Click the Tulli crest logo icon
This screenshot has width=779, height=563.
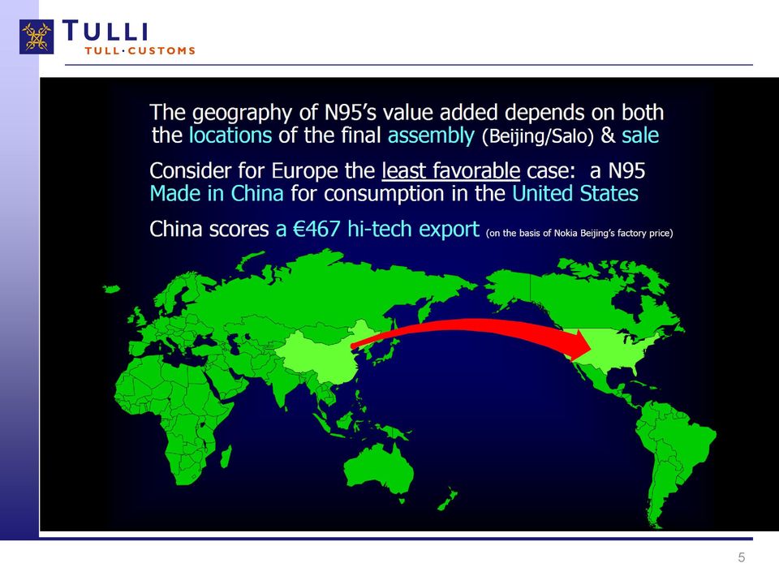coord(37,37)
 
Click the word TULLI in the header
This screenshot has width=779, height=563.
coord(105,31)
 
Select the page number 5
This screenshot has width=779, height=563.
coord(741,557)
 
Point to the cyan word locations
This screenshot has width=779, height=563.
coord(230,135)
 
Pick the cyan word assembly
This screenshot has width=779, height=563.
coord(431,135)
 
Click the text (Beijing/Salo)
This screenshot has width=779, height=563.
coord(538,136)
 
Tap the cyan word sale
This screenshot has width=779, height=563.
coord(640,135)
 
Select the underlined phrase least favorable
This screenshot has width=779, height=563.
coord(450,171)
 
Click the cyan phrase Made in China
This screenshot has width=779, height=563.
coord(217,193)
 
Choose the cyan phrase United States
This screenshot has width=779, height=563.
coord(575,193)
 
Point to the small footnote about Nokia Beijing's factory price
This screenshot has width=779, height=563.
coord(579,233)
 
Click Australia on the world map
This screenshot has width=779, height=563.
coord(379,469)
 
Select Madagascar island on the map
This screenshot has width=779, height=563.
coord(225,456)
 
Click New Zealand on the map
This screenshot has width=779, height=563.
coord(448,499)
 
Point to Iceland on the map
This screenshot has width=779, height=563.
coord(111,289)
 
